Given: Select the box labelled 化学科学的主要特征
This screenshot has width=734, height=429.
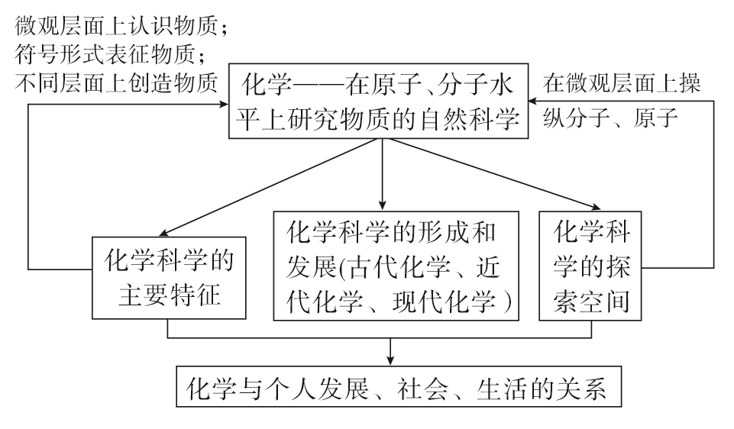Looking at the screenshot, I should pos(170,276).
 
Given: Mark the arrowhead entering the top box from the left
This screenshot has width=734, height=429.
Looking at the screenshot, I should pos(223,102).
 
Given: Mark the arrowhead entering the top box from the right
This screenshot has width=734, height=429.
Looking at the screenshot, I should pos(536,102).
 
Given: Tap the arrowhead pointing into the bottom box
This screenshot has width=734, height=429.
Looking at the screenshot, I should pos(390,360).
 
